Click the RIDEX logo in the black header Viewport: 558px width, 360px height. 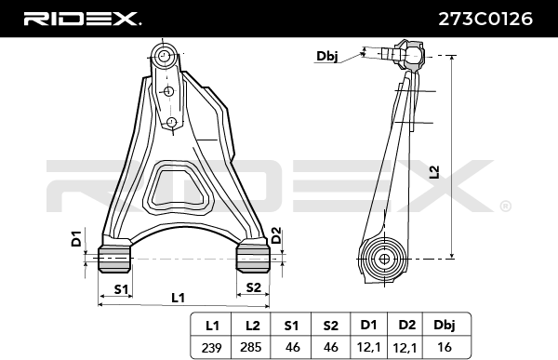click(82, 19)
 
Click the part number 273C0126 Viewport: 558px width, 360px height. click(485, 19)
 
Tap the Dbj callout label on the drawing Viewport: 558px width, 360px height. click(327, 56)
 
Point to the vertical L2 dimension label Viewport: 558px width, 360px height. click(434, 172)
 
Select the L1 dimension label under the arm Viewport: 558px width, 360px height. click(179, 298)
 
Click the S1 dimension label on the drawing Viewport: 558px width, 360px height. click(121, 289)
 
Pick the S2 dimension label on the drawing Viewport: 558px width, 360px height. click(253, 287)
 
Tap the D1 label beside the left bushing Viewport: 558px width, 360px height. click(76, 239)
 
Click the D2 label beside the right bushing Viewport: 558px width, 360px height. click(276, 235)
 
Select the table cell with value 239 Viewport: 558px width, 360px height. click(211, 347)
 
